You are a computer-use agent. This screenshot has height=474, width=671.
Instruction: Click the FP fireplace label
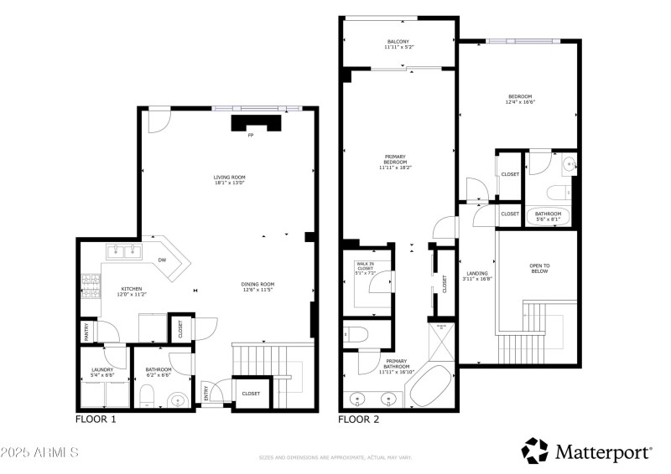250,136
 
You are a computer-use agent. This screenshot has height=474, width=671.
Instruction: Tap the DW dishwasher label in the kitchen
162,260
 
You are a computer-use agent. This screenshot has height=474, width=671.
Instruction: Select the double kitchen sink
122,250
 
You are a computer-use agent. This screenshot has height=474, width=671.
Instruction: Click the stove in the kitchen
89,286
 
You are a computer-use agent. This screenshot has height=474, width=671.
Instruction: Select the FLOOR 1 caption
96,420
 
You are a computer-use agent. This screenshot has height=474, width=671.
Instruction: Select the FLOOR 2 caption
359,420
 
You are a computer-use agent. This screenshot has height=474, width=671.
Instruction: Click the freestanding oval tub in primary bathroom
430,385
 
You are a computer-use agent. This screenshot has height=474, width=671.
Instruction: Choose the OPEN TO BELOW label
538,270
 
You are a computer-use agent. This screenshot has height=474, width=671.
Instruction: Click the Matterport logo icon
534,451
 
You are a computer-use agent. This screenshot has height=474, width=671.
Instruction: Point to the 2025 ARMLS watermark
39,453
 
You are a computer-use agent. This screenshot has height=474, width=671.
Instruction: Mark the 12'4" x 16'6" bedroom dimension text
520,103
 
